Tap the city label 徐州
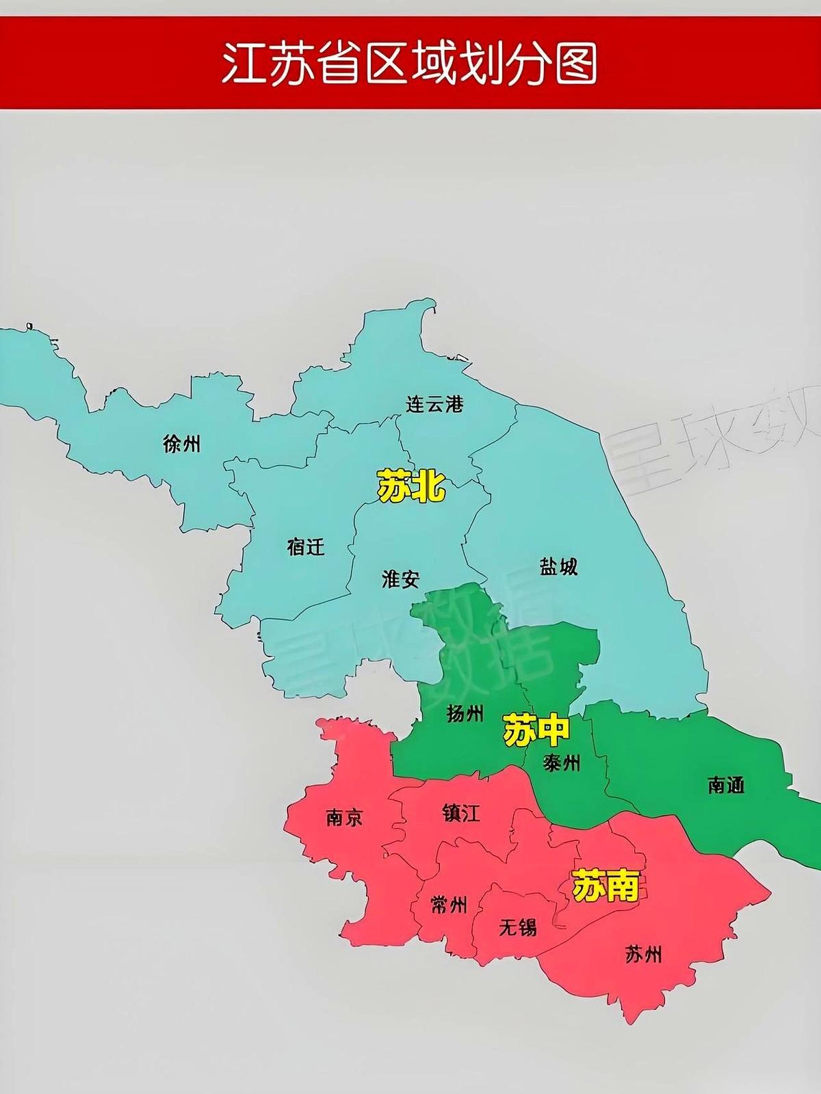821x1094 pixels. pyautogui.click(x=182, y=444)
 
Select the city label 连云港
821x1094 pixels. pyautogui.click(x=434, y=404)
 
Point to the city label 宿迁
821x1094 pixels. pyautogui.click(x=306, y=546)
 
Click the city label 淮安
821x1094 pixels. pyautogui.click(x=400, y=580)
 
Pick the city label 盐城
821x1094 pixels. pyautogui.click(x=558, y=566)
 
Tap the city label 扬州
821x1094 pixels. pyautogui.click(x=465, y=713)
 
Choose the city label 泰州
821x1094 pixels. pyautogui.click(x=561, y=762)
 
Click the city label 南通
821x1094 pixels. pyautogui.click(x=725, y=785)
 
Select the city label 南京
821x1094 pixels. pyautogui.click(x=344, y=817)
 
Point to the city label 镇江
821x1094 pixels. pyautogui.click(x=461, y=813)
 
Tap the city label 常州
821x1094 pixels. pyautogui.click(x=449, y=905)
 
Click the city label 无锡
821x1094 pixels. pyautogui.click(x=517, y=927)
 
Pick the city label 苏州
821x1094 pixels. pyautogui.click(x=643, y=953)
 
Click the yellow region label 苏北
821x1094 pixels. pyautogui.click(x=411, y=486)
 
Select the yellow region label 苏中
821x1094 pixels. pyautogui.click(x=536, y=730)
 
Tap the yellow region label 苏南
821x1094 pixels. pyautogui.click(x=605, y=885)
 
